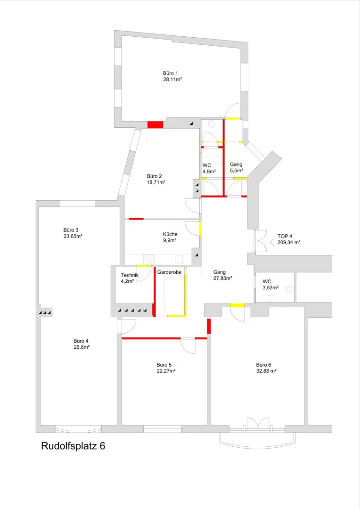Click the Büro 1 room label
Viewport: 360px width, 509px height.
point(170,74)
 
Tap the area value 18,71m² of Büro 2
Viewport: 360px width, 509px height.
point(156,182)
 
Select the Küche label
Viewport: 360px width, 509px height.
point(170,234)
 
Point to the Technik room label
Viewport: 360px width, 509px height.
point(130,275)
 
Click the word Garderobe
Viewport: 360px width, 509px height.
point(170,272)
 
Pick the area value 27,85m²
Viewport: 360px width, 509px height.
point(222,278)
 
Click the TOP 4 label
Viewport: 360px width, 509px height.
point(285,236)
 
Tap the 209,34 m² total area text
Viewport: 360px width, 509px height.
point(288,243)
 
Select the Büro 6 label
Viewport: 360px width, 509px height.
point(263,365)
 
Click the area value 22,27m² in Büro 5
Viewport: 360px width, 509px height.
point(166,371)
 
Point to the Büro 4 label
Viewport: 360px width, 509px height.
point(81,341)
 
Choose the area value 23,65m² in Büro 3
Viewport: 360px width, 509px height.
point(73,236)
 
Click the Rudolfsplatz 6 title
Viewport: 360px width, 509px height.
point(73,446)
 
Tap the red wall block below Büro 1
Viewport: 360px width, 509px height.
point(155,125)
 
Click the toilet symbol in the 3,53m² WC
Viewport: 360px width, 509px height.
point(289,289)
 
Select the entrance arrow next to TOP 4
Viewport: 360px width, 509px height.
point(272,242)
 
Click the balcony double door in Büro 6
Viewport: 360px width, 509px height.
point(258,424)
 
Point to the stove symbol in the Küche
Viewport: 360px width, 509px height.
point(149,259)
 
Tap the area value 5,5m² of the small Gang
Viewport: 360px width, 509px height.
point(237,171)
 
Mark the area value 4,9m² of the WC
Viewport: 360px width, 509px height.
point(209,172)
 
